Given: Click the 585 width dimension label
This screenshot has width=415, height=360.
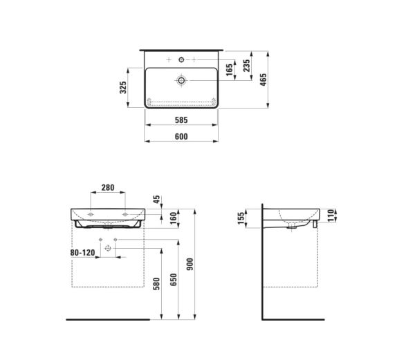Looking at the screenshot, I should click(181, 120).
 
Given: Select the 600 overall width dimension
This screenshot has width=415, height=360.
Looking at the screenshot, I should click(181, 136).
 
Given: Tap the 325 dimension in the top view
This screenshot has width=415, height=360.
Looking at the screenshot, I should click(123, 88).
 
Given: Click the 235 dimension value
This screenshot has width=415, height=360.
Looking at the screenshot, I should click(246, 66).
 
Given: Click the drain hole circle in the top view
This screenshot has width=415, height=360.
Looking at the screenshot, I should click(181, 81).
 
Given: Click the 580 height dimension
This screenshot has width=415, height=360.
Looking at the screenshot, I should click(156, 283).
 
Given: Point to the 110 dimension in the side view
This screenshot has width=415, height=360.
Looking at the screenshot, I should click(330, 215).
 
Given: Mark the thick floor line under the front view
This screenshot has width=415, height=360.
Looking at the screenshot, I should click(108, 319).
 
